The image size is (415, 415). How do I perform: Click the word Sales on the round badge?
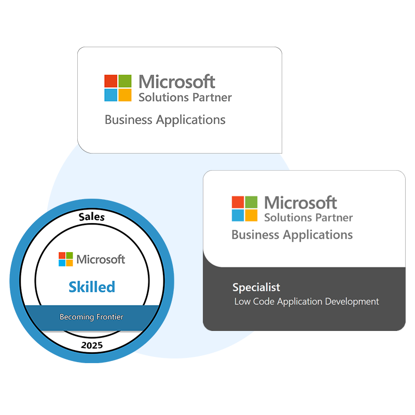92,217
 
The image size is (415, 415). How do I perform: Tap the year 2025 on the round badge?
92,344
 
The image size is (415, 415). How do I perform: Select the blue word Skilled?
92,286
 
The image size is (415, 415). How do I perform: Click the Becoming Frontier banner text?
92,316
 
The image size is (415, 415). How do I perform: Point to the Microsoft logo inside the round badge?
65,259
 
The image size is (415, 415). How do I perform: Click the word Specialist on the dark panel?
256,287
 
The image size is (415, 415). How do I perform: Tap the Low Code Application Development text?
307,301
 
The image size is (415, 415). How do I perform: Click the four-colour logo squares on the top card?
118,88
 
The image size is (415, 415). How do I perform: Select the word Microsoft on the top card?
177,81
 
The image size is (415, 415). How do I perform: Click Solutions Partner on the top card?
185,97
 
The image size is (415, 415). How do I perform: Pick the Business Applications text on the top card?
165,120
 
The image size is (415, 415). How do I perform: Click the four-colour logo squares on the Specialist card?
244,209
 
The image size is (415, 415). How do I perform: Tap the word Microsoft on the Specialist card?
300,202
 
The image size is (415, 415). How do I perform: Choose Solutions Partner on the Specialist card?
308,217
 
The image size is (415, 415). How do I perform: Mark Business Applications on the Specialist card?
292,234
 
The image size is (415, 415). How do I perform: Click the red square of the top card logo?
111,81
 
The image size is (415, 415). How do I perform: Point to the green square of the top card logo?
125,81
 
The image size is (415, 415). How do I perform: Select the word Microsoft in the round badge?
101,259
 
